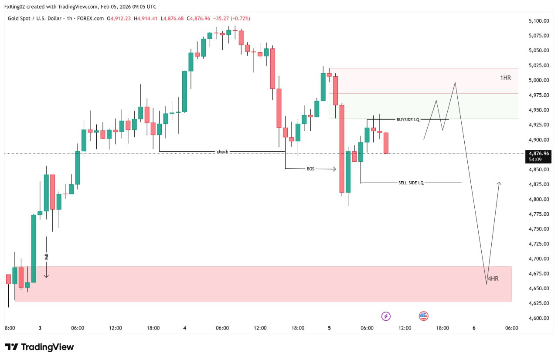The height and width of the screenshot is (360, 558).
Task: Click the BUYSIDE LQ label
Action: click(x=408, y=119)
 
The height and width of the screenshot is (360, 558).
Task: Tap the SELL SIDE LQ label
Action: click(x=411, y=183)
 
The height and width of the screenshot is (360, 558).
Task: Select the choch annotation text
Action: click(x=222, y=152)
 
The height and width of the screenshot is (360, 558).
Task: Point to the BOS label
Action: click(x=310, y=169)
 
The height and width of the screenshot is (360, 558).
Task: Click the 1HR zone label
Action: click(x=505, y=78)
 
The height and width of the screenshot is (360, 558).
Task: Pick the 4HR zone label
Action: click(x=493, y=278)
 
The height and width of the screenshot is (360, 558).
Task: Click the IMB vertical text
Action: click(x=46, y=257)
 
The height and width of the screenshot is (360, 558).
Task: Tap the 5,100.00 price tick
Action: click(x=538, y=20)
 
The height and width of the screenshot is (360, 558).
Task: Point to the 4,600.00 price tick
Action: click(x=538, y=318)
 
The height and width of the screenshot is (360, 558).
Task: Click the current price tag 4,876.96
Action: click(x=539, y=153)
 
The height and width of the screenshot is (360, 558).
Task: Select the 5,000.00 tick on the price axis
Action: click(x=538, y=80)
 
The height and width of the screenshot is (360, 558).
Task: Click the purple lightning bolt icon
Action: click(x=386, y=316)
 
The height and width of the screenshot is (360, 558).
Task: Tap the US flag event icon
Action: click(x=423, y=316)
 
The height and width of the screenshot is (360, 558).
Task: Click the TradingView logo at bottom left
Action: click(x=39, y=347)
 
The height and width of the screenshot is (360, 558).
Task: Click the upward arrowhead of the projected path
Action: click(x=499, y=183)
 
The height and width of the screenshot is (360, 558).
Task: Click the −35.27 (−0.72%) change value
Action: click(x=231, y=18)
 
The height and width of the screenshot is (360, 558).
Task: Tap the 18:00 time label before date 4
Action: click(x=153, y=328)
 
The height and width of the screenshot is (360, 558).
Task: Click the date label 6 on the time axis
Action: click(x=474, y=328)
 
